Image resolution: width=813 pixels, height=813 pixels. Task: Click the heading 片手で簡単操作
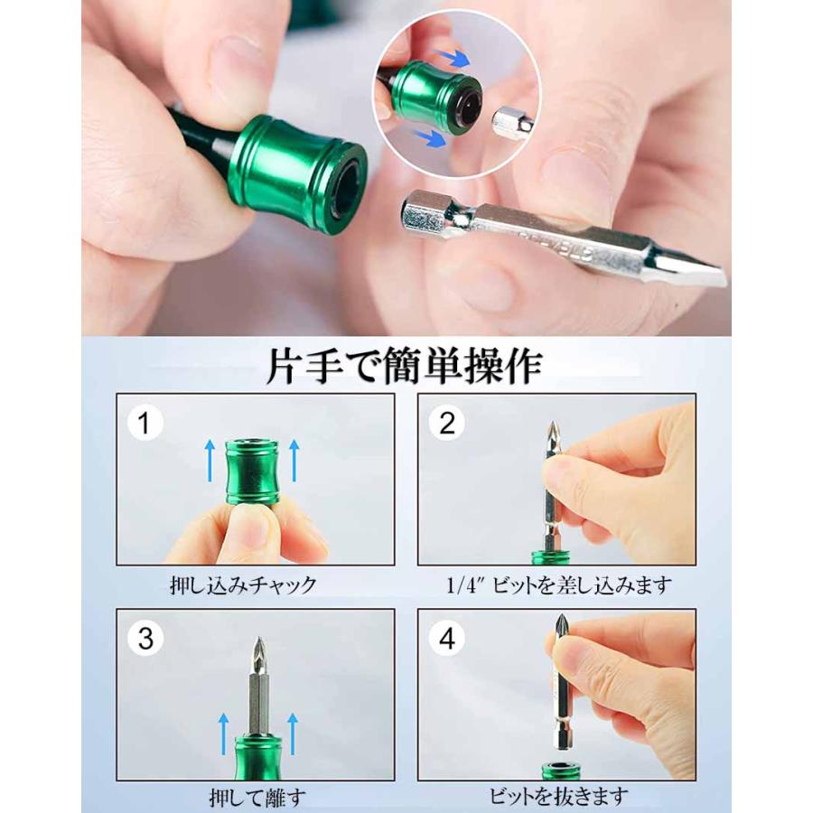[405, 367]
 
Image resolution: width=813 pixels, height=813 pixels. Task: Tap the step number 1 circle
[145, 423]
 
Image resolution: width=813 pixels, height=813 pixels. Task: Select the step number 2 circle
[447, 423]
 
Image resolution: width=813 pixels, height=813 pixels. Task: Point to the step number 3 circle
[145, 638]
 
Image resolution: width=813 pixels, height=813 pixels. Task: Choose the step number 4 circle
[447, 638]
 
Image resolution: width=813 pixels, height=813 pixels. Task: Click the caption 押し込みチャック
[243, 585]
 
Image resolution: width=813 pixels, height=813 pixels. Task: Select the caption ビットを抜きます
[558, 797]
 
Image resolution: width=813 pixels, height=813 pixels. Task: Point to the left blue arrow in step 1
[210, 461]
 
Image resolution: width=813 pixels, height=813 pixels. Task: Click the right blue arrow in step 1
[294, 461]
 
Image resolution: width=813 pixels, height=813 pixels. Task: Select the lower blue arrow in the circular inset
[429, 138]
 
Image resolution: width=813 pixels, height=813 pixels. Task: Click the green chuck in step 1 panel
[253, 472]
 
